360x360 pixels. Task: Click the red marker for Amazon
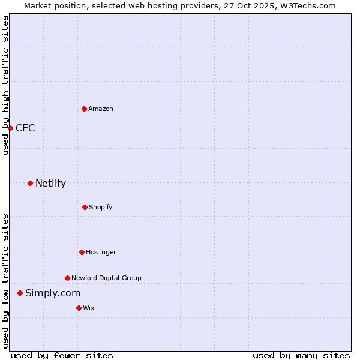[x=84, y=109]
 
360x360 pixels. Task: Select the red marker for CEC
[x=10, y=128]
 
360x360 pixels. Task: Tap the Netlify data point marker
[x=30, y=183]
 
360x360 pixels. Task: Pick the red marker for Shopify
[x=85, y=207]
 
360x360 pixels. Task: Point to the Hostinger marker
[x=82, y=252]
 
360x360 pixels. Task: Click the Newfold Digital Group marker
[x=67, y=278]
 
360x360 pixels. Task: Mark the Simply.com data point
[x=20, y=293]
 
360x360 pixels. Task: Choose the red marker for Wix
[x=79, y=308]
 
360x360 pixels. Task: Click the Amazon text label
[x=101, y=109]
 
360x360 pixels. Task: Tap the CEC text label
[x=25, y=128]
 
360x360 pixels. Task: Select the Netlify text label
[x=50, y=183]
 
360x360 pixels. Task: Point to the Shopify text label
[x=101, y=207]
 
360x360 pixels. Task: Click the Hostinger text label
[x=101, y=252]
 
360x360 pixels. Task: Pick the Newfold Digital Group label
[x=106, y=278]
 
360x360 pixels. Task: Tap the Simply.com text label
[x=53, y=293]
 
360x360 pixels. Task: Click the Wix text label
[x=89, y=308]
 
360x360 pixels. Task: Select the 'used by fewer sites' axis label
[x=62, y=355]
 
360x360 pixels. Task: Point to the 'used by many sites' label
[x=301, y=355]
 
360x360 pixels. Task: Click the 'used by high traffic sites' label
[x=5, y=85]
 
